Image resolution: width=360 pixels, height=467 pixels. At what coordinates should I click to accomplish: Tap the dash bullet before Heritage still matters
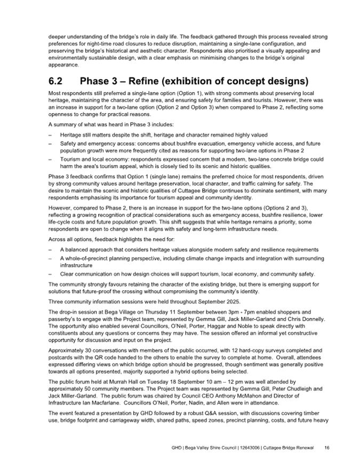tap(50, 135)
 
